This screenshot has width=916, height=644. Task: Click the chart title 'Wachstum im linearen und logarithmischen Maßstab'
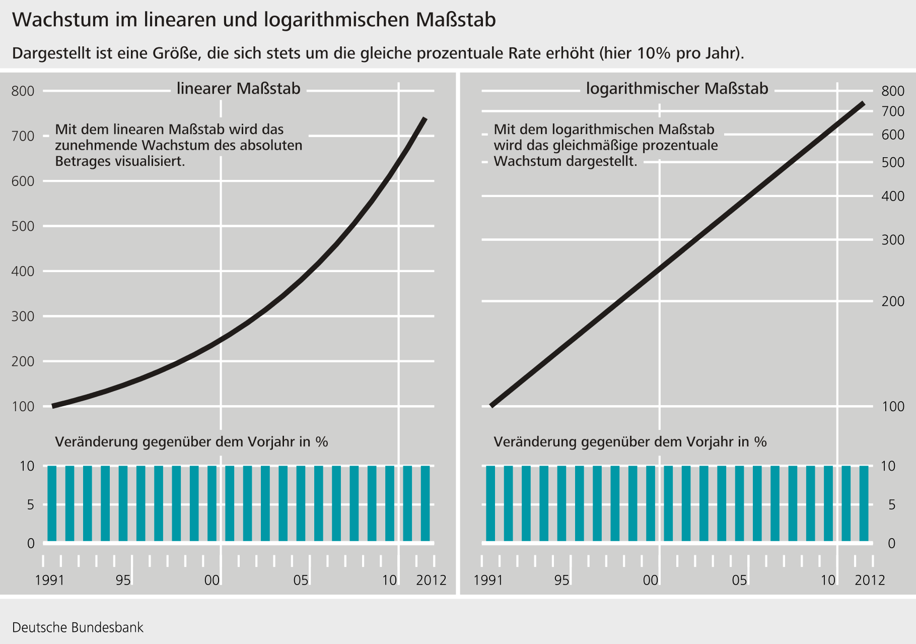click(254, 20)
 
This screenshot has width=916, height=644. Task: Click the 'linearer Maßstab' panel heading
click(238, 89)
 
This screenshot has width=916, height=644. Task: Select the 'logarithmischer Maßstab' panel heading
click(677, 89)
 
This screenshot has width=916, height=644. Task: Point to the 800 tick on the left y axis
click(23, 91)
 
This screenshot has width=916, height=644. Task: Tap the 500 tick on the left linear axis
click(23, 226)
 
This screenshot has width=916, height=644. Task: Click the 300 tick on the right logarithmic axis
click(893, 240)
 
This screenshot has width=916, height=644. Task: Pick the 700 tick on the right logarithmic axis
click(893, 111)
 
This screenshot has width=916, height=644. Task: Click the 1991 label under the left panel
click(50, 581)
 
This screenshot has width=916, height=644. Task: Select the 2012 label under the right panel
click(870, 581)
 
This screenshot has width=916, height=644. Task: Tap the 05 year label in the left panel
click(301, 581)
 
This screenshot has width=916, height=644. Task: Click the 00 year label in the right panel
click(651, 581)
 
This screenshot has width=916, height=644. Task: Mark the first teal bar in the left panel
click(52, 503)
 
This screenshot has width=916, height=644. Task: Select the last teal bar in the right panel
click(864, 503)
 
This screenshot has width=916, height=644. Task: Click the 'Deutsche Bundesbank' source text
click(78, 628)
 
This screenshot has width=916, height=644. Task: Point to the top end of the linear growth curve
click(425, 119)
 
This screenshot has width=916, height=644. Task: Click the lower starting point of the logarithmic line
click(491, 405)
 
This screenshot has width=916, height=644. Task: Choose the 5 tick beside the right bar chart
click(892, 504)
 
